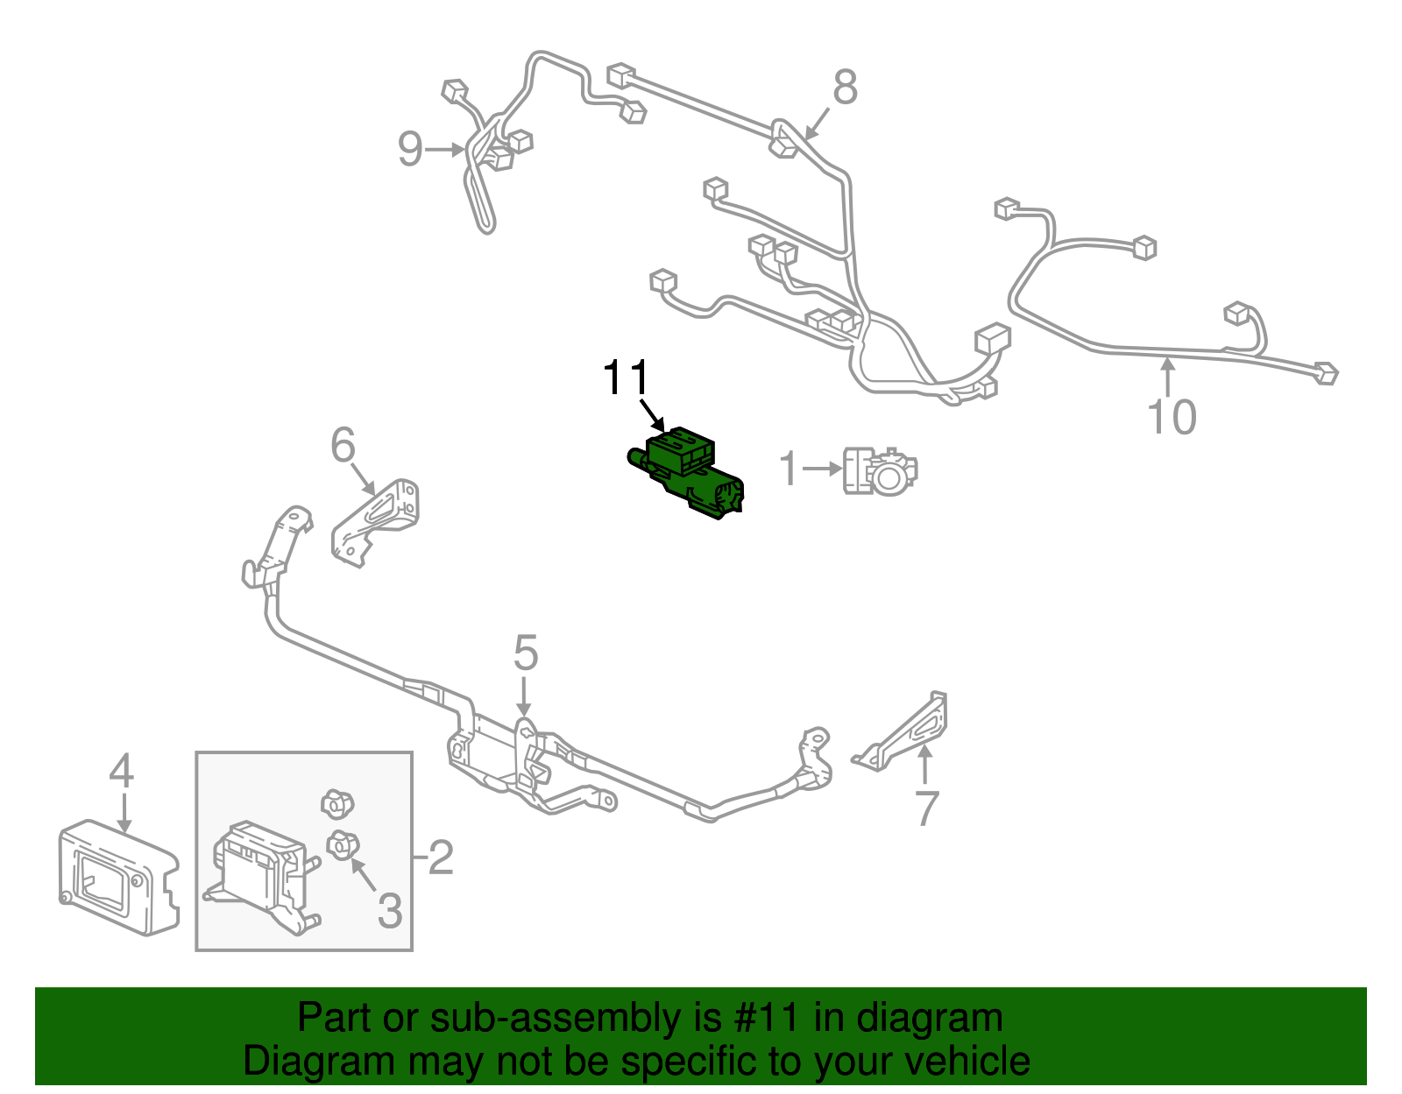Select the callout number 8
[x=846, y=87]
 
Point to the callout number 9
[x=410, y=149]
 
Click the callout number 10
[x=1172, y=417]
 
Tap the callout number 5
[x=525, y=653]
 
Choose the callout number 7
[x=927, y=808]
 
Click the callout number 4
[x=121, y=770]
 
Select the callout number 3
[x=390, y=910]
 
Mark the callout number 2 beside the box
[x=442, y=857]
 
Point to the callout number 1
[x=789, y=468]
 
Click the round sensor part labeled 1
[x=880, y=471]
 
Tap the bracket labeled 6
[x=375, y=523]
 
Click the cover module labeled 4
[x=118, y=878]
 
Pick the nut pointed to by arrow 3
[x=343, y=845]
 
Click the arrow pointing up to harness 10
[x=1167, y=378]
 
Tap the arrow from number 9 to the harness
[x=445, y=150]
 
